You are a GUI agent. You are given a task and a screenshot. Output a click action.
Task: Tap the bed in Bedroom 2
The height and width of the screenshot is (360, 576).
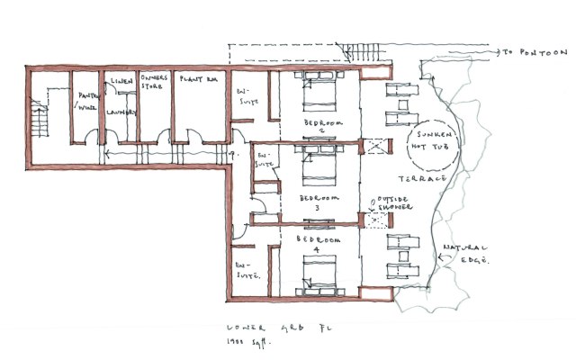[319, 91]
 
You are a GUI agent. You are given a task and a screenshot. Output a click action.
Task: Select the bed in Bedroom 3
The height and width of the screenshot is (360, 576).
[319, 166]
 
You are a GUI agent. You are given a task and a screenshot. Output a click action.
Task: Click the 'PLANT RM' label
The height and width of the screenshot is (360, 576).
[196, 81]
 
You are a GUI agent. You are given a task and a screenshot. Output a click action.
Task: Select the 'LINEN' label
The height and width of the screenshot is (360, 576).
[121, 82]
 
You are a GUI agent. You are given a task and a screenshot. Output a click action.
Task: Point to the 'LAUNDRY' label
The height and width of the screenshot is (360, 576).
[121, 112]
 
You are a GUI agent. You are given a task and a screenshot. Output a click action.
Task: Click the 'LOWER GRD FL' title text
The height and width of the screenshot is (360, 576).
[253, 328]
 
